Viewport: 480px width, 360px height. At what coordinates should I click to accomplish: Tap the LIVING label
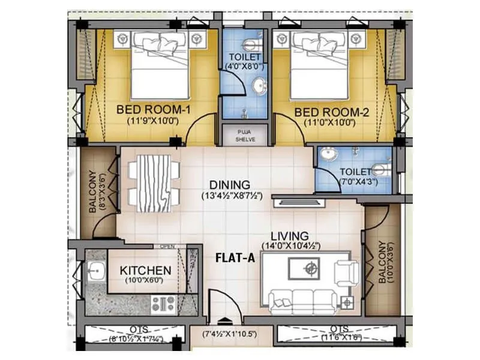(x=289, y=236)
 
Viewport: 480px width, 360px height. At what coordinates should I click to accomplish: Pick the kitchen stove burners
(x=163, y=304)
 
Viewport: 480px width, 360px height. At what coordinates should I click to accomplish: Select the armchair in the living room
(x=347, y=272)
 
